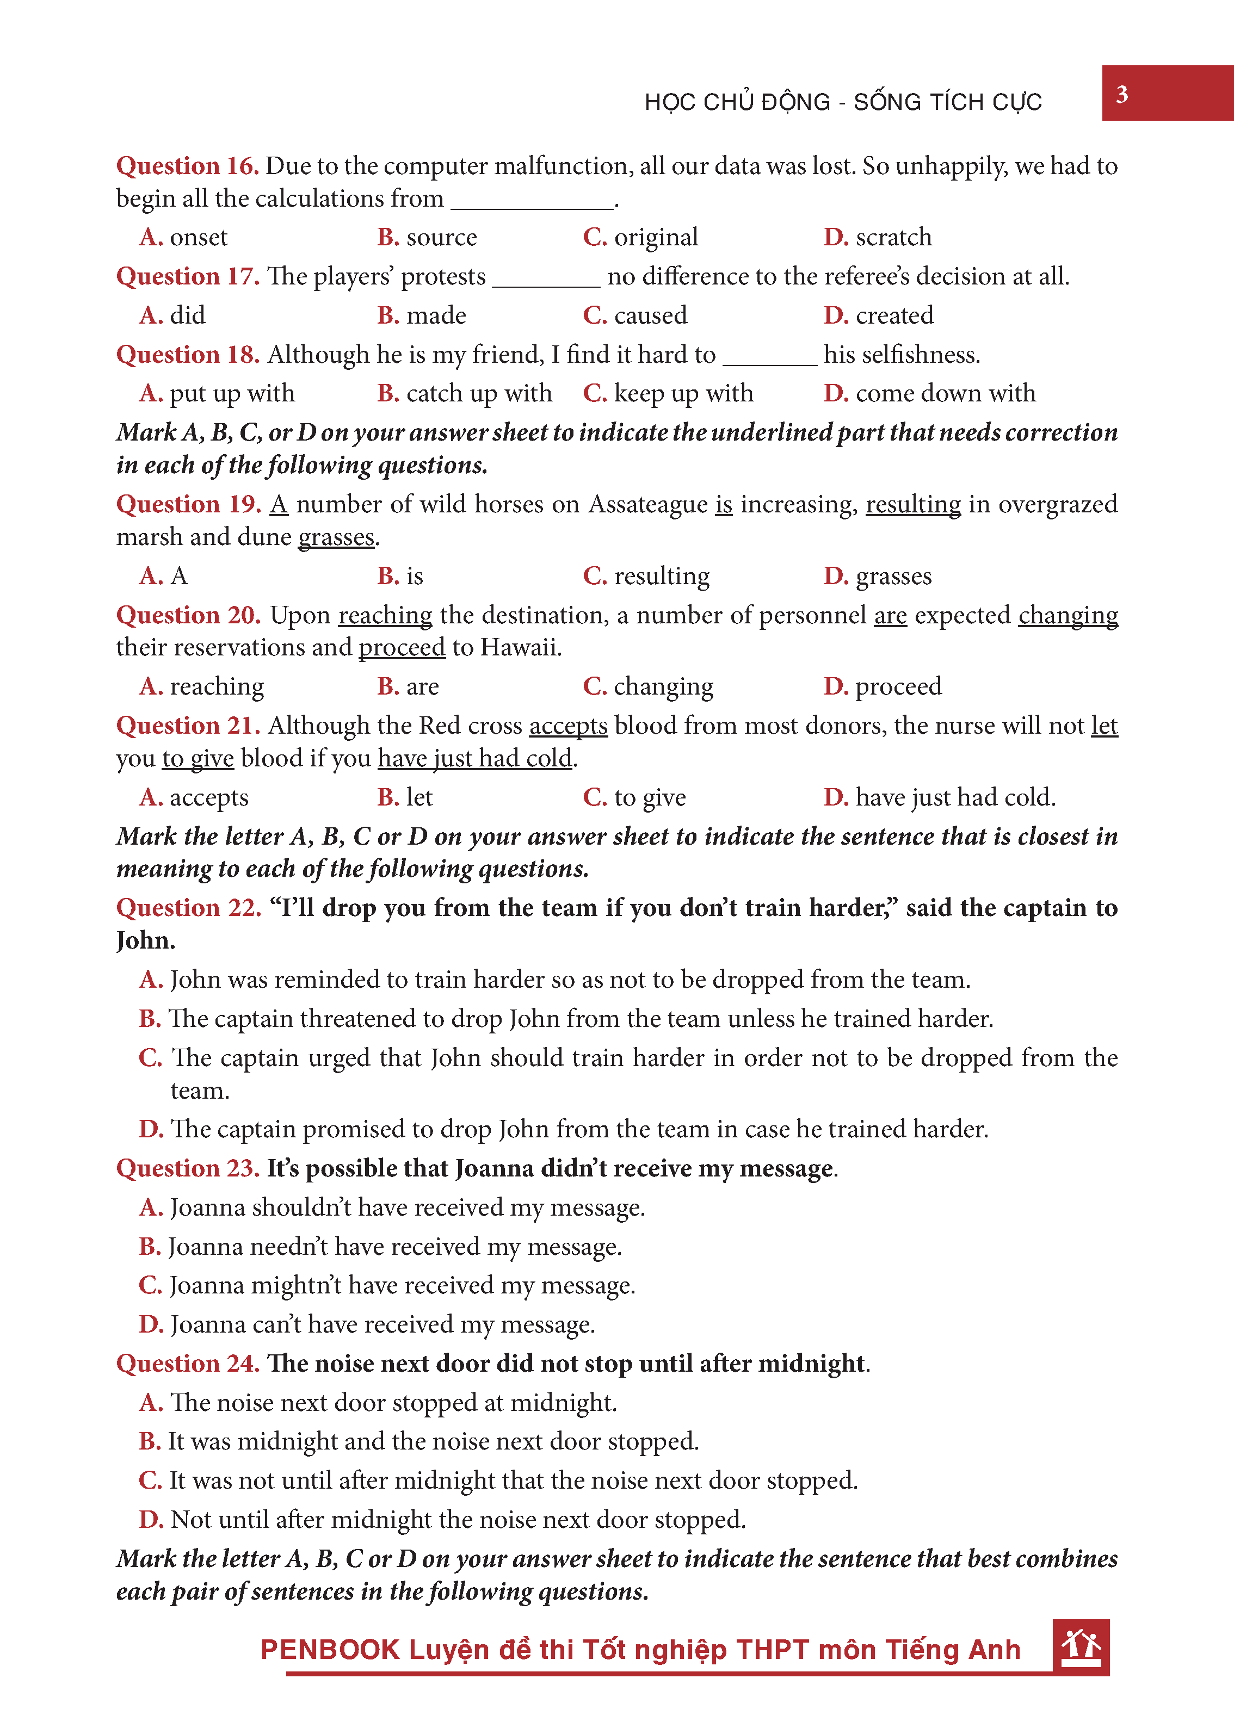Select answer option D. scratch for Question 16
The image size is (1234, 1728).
tap(878, 238)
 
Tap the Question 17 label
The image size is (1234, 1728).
tap(188, 276)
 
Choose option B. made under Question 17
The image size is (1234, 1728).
tap(422, 315)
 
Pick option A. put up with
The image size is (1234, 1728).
tap(217, 393)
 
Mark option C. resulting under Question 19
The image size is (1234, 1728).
tap(646, 577)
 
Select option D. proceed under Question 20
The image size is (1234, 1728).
tap(883, 686)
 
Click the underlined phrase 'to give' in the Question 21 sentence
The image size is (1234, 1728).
tap(198, 759)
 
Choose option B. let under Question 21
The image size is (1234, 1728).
tap(405, 797)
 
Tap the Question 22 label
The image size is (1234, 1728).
tap(188, 908)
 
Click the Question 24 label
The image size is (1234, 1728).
tap(188, 1364)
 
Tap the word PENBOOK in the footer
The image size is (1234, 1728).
tap(330, 1650)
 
